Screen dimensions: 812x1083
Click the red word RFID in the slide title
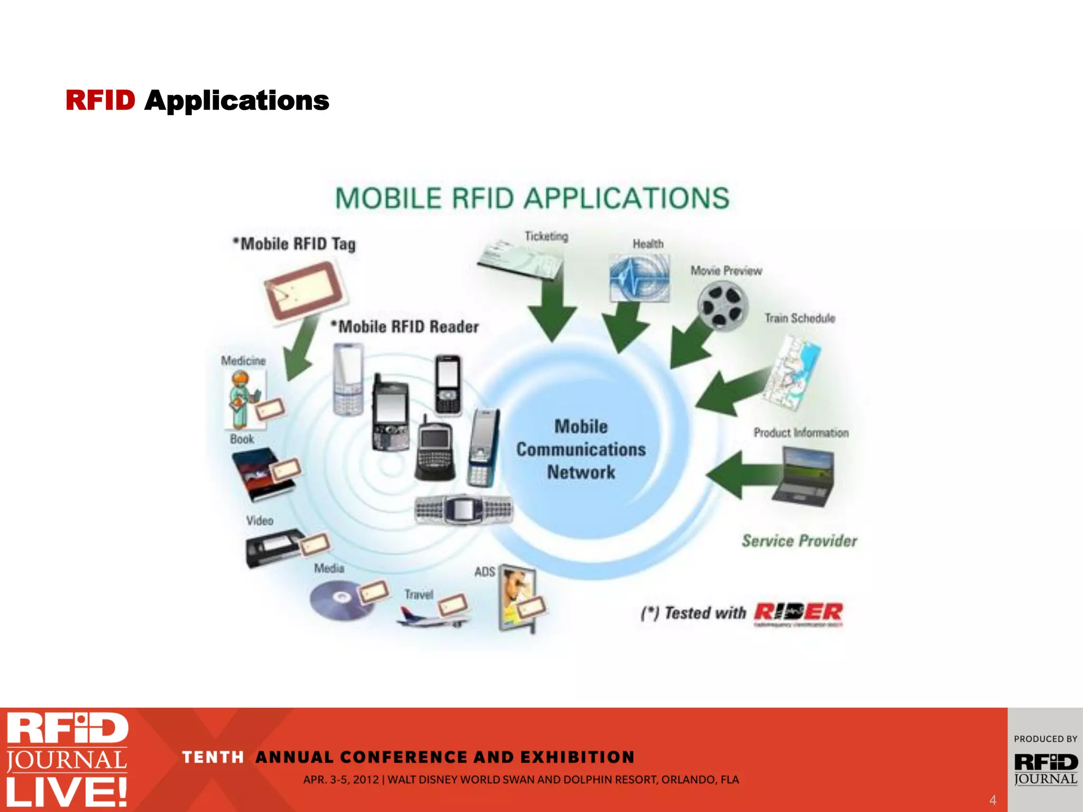pyautogui.click(x=100, y=100)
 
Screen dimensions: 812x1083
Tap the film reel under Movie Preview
pyautogui.click(x=722, y=306)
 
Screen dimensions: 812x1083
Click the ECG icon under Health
pyautogui.click(x=639, y=278)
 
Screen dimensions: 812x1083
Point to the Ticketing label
pyautogui.click(x=546, y=236)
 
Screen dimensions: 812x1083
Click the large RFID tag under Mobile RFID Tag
pyautogui.click(x=305, y=290)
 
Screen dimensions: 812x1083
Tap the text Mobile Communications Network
pyautogui.click(x=581, y=449)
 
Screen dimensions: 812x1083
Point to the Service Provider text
pyautogui.click(x=799, y=540)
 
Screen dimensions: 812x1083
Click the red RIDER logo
pyautogui.click(x=799, y=613)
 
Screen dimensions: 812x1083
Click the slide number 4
pyautogui.click(x=993, y=800)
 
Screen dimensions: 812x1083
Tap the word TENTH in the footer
pyautogui.click(x=213, y=757)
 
